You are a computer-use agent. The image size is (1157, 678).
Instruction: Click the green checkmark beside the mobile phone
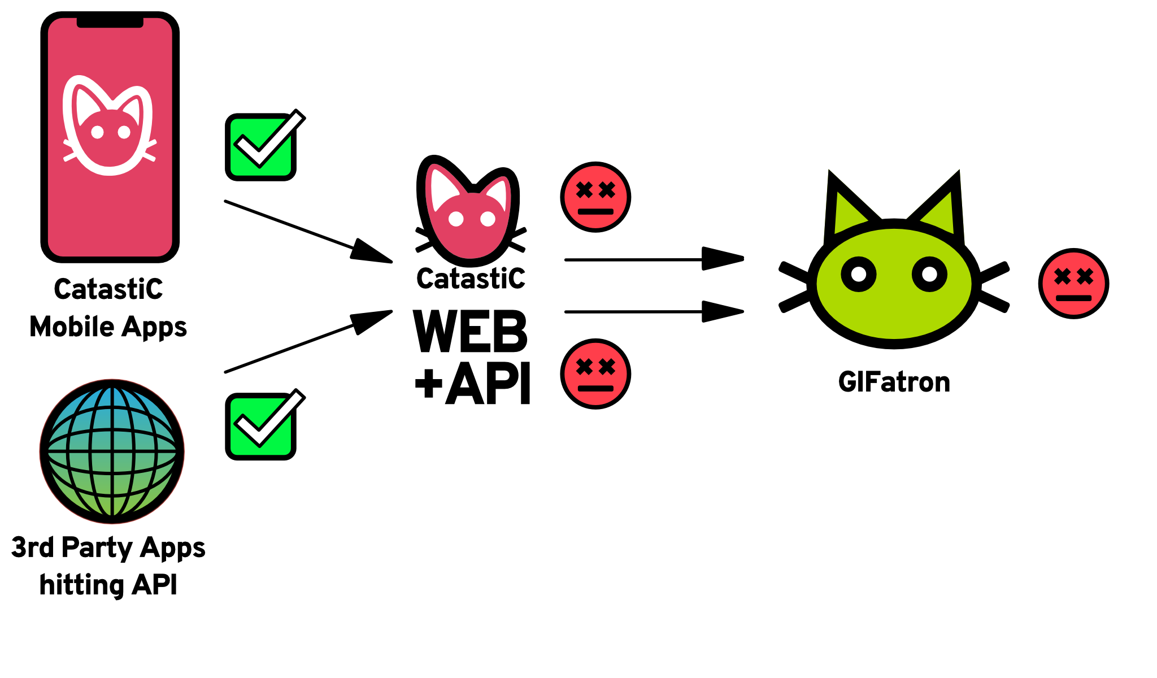click(261, 147)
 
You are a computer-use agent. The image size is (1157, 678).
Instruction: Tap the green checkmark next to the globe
click(261, 426)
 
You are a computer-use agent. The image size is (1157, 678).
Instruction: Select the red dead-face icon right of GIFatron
click(1073, 284)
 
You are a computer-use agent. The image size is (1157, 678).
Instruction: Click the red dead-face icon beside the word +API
click(595, 374)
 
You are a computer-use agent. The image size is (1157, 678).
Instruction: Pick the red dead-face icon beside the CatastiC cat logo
click(595, 197)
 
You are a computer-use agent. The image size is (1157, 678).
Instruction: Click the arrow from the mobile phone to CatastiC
click(308, 231)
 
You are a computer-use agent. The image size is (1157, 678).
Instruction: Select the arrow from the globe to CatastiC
click(308, 342)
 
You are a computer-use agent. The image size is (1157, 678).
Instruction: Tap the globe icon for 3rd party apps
click(112, 451)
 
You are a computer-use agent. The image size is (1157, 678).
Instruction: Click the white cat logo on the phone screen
click(109, 127)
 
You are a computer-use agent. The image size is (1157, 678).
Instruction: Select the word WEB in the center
click(470, 332)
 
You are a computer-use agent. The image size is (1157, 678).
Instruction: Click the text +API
click(473, 384)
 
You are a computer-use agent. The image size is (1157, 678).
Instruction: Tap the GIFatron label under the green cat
click(894, 383)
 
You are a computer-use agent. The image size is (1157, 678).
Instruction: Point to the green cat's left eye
click(859, 275)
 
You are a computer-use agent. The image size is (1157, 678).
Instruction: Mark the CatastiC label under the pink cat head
click(471, 279)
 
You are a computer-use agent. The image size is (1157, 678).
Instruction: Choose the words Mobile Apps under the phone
click(108, 327)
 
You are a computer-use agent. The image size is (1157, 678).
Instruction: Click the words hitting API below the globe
click(108, 585)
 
